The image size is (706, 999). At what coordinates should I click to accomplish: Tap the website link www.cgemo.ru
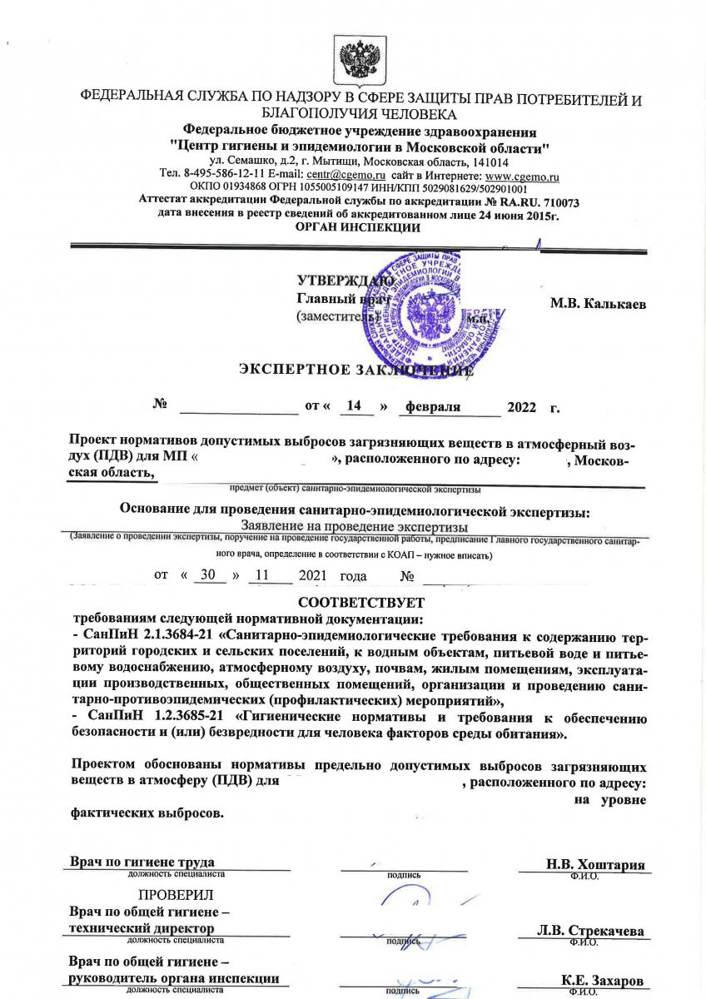[522, 176]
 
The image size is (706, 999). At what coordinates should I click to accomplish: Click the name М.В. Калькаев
[598, 304]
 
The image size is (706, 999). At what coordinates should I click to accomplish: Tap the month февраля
[433, 406]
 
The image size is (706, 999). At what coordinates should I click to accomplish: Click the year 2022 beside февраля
[522, 407]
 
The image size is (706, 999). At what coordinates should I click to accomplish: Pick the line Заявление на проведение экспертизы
[354, 526]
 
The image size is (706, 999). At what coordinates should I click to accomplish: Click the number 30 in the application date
[207, 575]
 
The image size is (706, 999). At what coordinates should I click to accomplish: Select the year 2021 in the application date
[309, 575]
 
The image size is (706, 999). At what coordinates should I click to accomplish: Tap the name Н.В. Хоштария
[595, 864]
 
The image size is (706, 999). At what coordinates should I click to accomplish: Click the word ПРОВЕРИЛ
[176, 896]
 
